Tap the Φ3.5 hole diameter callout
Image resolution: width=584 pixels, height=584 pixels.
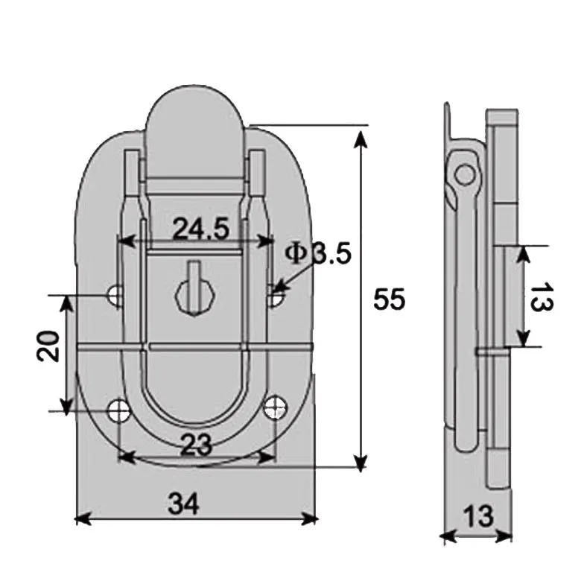coord(317,253)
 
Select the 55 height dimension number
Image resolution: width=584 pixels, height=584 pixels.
coord(389,299)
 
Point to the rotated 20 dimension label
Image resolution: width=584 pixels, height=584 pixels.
coord(49,346)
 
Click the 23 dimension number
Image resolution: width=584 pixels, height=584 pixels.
coord(196,445)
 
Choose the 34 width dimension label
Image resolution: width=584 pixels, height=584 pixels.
coord(183,504)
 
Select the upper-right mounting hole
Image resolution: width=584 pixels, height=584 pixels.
coord(275,296)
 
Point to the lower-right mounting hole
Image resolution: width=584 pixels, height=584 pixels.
coord(275,406)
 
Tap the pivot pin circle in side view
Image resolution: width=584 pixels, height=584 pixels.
coord(465,175)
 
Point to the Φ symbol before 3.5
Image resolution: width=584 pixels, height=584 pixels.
coord(296,253)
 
